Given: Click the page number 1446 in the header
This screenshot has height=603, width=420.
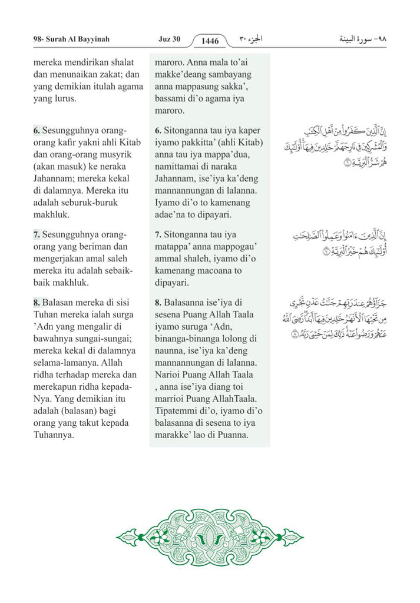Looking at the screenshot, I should coord(210,41).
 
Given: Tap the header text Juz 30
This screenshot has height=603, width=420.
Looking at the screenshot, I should coord(169,39).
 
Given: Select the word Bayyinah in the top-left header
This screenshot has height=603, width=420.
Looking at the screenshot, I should coord(91,39).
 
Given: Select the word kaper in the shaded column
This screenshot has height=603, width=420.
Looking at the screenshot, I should coord(248,130).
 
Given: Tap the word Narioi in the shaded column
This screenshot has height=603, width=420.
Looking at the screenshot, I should coord(168,375).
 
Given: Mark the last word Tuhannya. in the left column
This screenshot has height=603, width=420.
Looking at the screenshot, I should coord(54,435).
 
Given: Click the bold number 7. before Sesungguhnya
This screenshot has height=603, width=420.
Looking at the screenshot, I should coord(37,234).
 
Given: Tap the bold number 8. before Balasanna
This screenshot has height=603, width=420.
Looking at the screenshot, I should coord(158,302).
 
